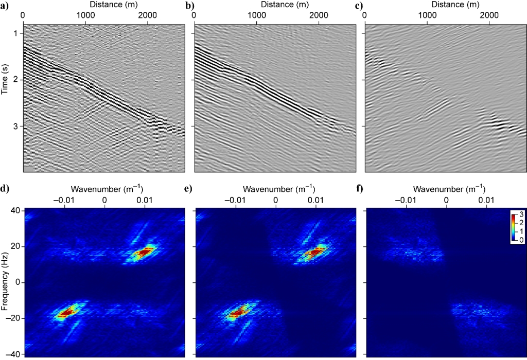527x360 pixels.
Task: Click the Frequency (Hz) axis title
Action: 5,281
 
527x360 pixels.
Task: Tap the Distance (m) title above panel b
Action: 275,5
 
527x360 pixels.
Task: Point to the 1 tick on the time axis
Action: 16,34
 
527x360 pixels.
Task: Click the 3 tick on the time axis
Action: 16,127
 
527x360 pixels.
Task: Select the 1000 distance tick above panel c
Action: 427,15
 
